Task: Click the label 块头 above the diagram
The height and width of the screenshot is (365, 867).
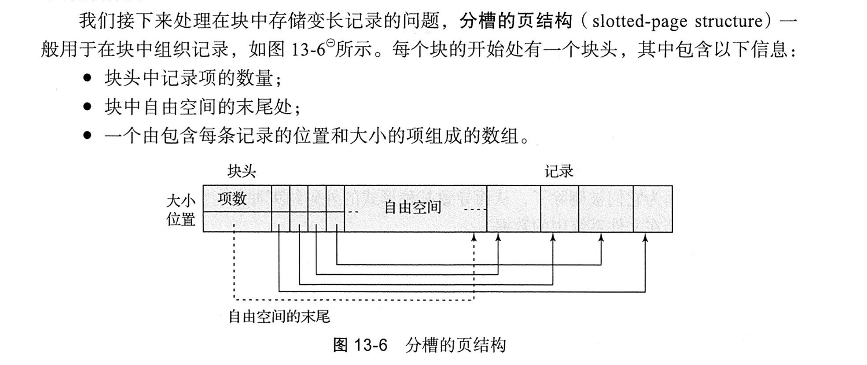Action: pos(242,172)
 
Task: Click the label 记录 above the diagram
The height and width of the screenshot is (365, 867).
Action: pos(559,172)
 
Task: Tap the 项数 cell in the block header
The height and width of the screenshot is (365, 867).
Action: pos(232,199)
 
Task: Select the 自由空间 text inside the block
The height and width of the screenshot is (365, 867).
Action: pos(413,207)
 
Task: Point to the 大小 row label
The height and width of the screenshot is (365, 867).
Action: pos(181,201)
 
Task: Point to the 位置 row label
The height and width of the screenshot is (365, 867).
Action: pos(181,219)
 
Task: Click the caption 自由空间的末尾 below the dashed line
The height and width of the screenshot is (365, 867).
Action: pos(279,316)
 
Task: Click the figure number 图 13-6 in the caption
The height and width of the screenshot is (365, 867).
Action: pos(360,345)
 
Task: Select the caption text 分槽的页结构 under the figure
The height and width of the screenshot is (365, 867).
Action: pos(455,345)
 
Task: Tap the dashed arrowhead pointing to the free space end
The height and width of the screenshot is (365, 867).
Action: pos(474,237)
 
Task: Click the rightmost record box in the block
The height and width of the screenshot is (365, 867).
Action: pos(653,209)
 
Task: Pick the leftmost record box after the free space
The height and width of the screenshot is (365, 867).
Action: pos(513,209)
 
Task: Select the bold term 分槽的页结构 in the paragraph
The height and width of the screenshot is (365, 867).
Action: pos(516,21)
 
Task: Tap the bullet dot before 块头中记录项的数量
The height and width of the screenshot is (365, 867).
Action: pos(87,78)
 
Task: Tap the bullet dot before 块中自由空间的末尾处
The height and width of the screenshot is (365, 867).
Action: pos(87,107)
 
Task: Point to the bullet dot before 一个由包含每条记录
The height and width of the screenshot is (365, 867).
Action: pos(87,136)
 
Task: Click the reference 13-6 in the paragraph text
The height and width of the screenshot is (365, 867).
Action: pos(308,50)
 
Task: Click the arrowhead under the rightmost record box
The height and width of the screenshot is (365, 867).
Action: pos(645,237)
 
